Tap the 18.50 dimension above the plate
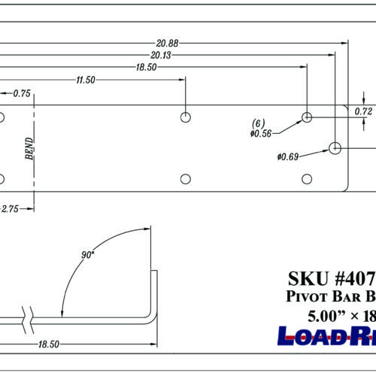tap(148, 67)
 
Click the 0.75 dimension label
tap(21, 93)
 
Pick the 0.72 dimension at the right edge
tap(364, 111)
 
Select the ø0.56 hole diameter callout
tap(260, 133)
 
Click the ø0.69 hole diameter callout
tap(289, 156)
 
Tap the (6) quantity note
tap(258, 123)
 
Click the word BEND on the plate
tap(29, 148)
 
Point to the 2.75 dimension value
tap(9, 208)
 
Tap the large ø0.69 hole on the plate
tap(335, 147)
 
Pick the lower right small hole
tap(307, 178)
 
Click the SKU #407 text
tap(331, 277)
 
